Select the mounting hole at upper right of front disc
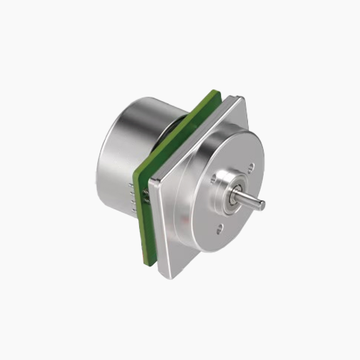[251, 168]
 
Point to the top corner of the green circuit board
[216, 92]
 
